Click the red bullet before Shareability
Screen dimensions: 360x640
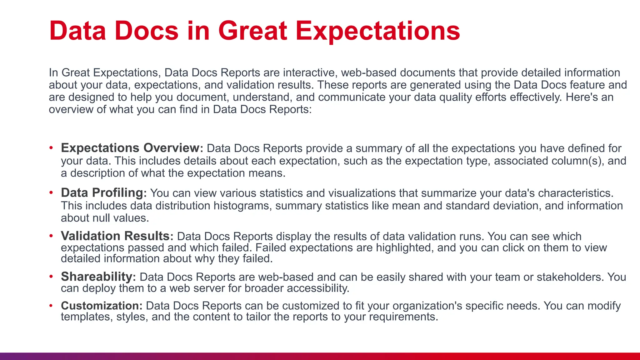pos(51,277)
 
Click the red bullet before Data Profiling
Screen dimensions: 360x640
pos(51,193)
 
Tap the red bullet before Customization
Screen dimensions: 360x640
pos(51,306)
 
